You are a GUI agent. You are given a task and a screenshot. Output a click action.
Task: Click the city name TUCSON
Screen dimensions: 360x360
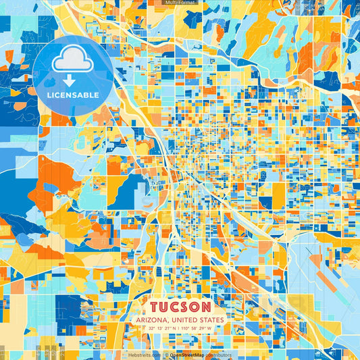[180, 307]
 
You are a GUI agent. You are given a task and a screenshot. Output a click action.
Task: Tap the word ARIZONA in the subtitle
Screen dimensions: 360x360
[152, 319]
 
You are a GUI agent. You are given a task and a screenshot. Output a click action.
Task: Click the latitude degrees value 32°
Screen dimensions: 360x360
[153, 328]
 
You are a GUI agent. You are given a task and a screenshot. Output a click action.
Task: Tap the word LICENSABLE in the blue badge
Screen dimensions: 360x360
[73, 95]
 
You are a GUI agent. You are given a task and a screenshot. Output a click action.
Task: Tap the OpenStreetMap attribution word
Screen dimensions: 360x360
[186, 355]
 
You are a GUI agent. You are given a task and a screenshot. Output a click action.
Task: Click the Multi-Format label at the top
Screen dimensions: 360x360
[180, 3]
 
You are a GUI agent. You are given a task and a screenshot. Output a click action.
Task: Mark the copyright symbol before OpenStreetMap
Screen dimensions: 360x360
[166, 355]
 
